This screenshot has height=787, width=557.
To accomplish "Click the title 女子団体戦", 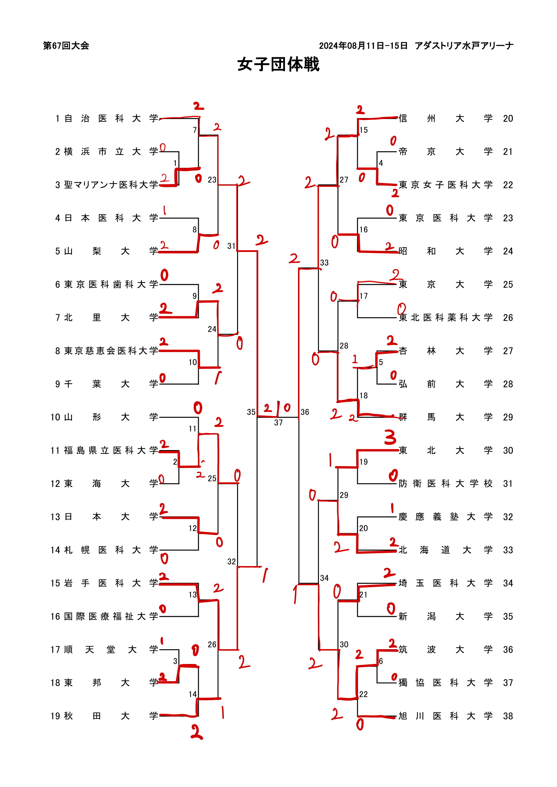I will [278, 64].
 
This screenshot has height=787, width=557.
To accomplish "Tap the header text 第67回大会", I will [66, 45].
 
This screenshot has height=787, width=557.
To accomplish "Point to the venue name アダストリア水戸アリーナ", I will [464, 45].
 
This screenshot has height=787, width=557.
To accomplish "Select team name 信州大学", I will [446, 119].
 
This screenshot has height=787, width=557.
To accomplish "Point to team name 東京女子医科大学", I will [446, 185].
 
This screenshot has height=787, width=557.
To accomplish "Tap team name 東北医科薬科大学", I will [446, 318].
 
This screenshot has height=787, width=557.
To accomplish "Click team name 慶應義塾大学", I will [446, 517].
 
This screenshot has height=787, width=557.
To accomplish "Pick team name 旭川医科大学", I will [446, 716].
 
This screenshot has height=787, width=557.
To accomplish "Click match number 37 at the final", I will [278, 423].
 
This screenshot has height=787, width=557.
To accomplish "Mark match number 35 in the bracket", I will [251, 412].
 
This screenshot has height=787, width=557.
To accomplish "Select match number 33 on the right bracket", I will [324, 263].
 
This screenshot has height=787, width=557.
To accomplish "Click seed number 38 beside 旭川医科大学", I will [508, 716].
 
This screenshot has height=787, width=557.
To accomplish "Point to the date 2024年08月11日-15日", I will [363, 45].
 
